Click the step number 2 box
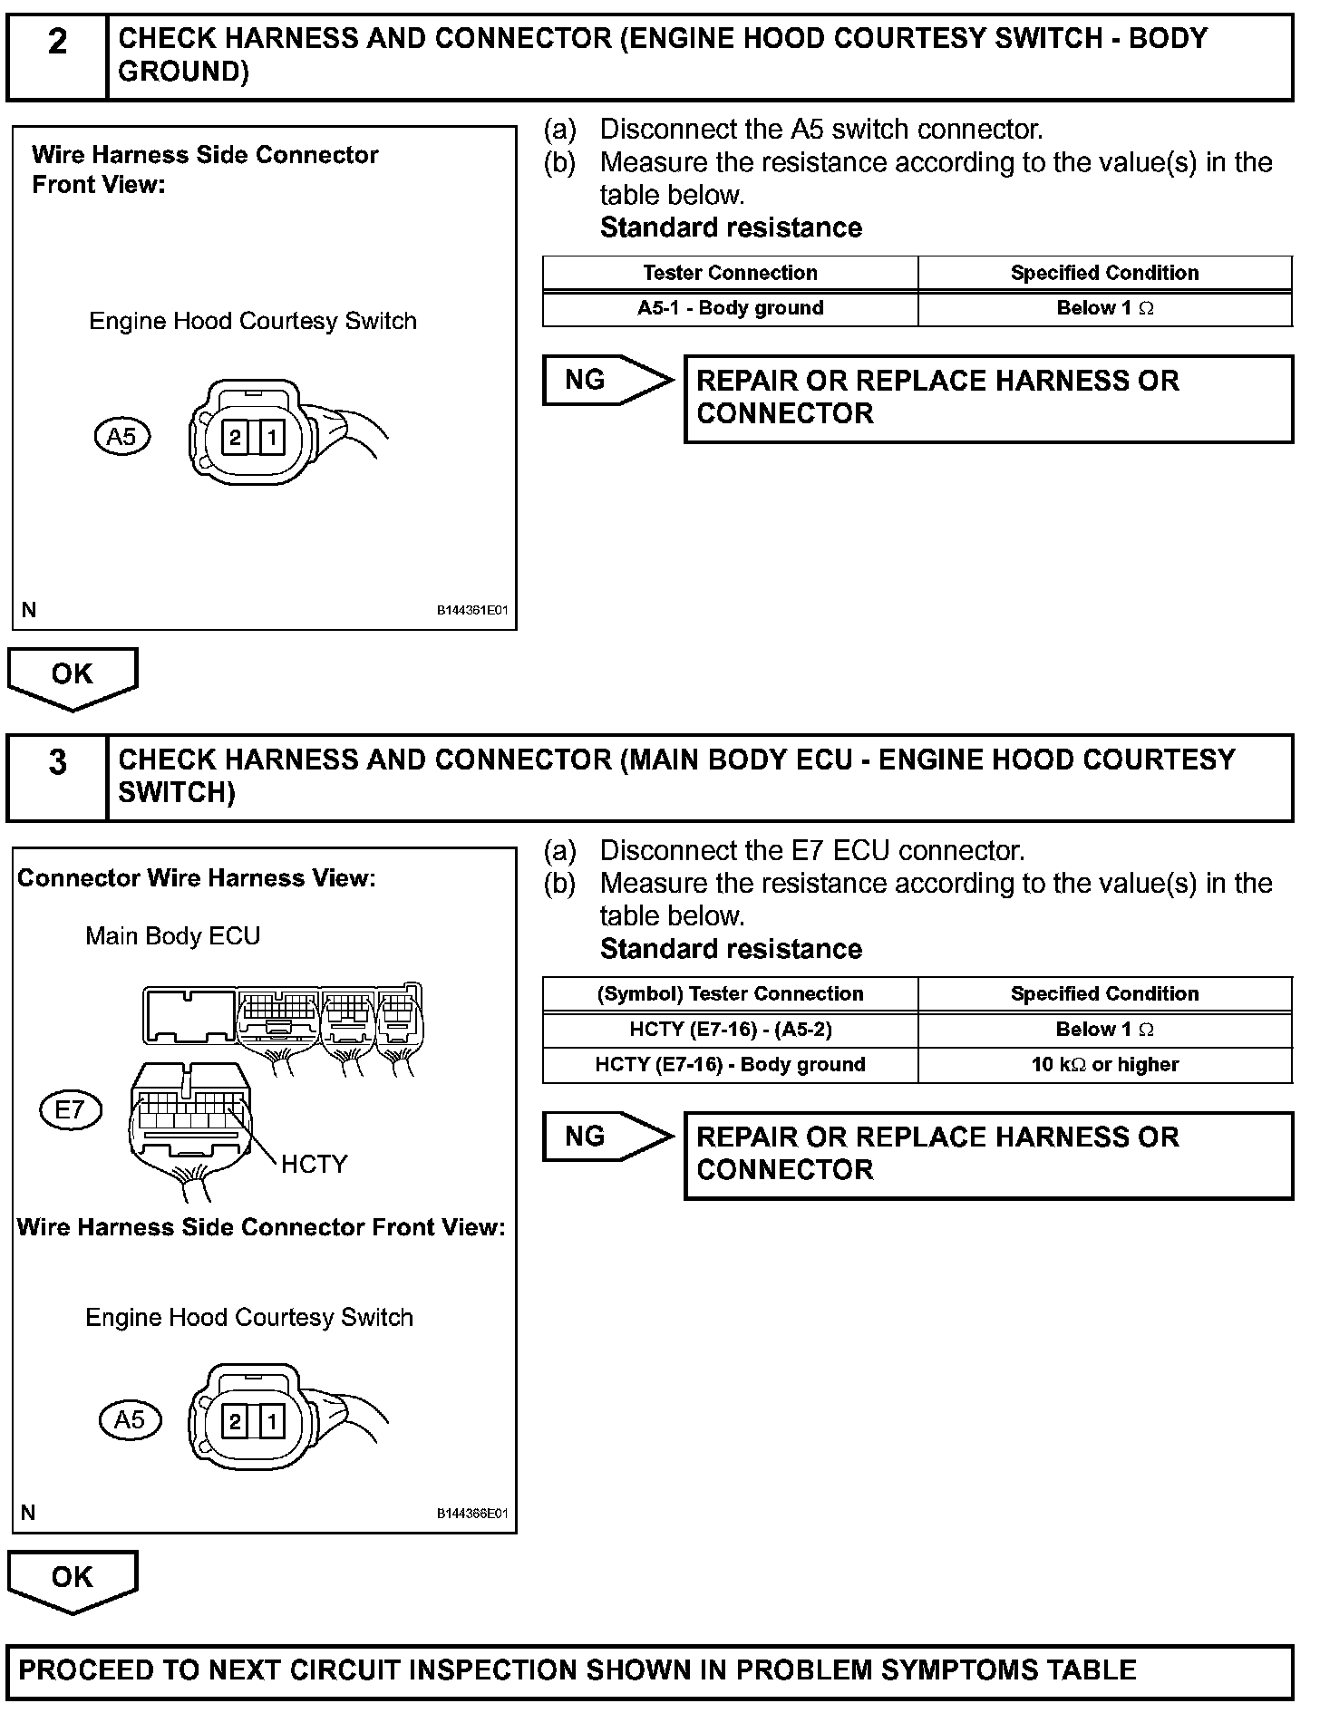tap(57, 55)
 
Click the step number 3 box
tap(57, 777)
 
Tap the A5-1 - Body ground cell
tap(730, 308)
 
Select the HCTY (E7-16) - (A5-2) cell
tap(730, 1030)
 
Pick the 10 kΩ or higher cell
tap(1104, 1065)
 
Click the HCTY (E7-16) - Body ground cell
tap(730, 1065)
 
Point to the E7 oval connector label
tap(71, 1109)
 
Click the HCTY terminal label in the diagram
tap(314, 1164)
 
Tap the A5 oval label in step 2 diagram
tap(121, 438)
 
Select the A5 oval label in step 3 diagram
tap(129, 1420)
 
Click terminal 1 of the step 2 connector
tap(271, 440)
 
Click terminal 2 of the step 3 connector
tap(235, 1421)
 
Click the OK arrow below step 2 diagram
tap(73, 677)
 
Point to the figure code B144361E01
tap(472, 611)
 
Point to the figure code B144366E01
tap(472, 1514)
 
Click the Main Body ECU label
tap(172, 935)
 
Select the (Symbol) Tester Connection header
tap(730, 994)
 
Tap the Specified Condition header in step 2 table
tap(1104, 273)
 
